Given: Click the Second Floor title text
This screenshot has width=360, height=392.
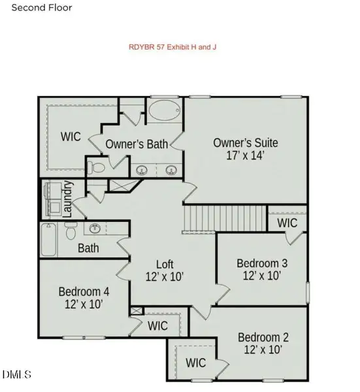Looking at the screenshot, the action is [42, 7].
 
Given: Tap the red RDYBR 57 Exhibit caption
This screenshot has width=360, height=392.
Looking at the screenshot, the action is [172, 47].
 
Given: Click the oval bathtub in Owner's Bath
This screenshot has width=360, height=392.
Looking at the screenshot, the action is [165, 110].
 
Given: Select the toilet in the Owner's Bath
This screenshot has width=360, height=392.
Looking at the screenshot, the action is [96, 167].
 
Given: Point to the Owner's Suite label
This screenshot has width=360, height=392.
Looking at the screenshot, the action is [246, 142].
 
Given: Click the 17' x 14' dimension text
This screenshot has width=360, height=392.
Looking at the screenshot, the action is [245, 155].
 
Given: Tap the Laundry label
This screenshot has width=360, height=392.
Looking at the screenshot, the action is [67, 199].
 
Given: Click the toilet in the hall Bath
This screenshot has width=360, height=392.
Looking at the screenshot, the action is [71, 231].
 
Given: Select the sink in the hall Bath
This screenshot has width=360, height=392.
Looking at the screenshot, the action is [95, 228].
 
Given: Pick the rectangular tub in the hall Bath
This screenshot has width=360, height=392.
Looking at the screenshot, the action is [48, 240].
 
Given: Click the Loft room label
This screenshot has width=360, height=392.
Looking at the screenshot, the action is [165, 265].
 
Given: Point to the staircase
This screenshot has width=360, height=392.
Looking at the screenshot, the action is [225, 219].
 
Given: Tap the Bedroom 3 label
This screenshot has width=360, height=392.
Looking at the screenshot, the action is [262, 263].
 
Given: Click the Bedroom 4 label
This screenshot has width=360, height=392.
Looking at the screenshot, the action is [84, 292].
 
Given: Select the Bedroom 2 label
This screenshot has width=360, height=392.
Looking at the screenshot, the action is [263, 337].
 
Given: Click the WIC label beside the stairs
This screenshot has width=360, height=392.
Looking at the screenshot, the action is [287, 223].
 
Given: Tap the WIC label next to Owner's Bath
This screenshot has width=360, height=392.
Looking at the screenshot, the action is [71, 137].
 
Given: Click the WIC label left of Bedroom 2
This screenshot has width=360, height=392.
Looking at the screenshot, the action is [196, 363].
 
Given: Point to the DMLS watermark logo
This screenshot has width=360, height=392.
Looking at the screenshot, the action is [17, 374].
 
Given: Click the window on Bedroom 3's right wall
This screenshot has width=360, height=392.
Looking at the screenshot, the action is [308, 293].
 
